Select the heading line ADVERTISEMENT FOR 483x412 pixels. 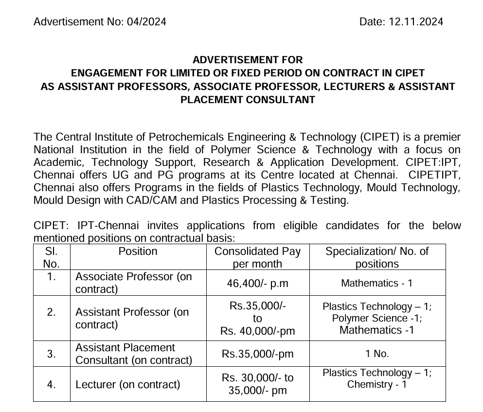(248, 60)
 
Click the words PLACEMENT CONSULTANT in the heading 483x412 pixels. (248, 100)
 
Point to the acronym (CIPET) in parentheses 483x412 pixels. (382, 137)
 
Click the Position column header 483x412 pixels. (138, 251)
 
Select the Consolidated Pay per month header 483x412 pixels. (257, 257)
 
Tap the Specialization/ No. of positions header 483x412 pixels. (377, 257)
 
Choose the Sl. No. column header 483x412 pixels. (52, 257)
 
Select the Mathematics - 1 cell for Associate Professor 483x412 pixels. (377, 283)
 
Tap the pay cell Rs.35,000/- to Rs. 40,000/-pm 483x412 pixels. (257, 318)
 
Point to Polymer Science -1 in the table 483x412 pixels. (377, 318)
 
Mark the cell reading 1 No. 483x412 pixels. (377, 354)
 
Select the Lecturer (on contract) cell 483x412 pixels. (128, 384)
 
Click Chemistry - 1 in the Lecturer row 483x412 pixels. (377, 385)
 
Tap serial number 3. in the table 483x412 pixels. (52, 354)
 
